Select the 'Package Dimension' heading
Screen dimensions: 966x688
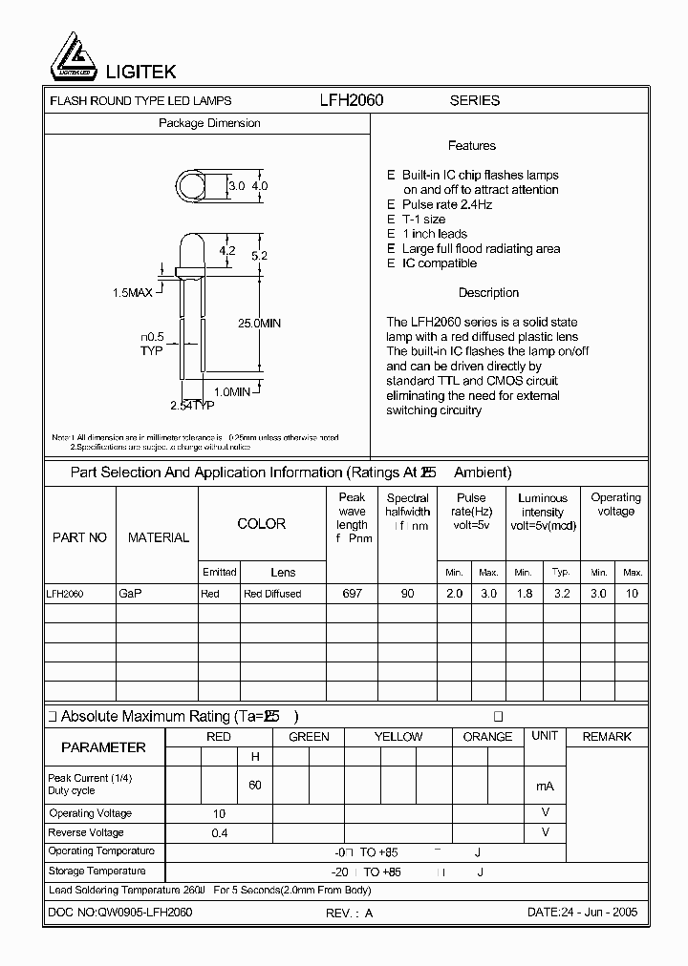(209, 124)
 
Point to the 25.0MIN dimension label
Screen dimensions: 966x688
(259, 324)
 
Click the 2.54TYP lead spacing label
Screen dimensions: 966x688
(192, 406)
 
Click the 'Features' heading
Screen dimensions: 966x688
(471, 146)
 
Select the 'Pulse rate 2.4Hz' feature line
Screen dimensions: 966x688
(446, 205)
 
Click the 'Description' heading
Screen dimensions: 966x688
(488, 293)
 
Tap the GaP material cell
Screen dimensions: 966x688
(131, 594)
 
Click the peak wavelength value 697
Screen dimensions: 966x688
(352, 594)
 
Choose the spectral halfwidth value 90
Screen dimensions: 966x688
(407, 594)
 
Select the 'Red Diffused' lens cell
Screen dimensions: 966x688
(272, 594)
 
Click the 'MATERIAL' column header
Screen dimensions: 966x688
(159, 538)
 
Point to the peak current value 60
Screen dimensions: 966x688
(255, 785)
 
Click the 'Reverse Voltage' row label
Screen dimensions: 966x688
(86, 833)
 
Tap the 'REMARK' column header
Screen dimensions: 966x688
(607, 737)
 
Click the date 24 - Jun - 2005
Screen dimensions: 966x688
(582, 913)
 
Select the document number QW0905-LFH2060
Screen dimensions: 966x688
(120, 913)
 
